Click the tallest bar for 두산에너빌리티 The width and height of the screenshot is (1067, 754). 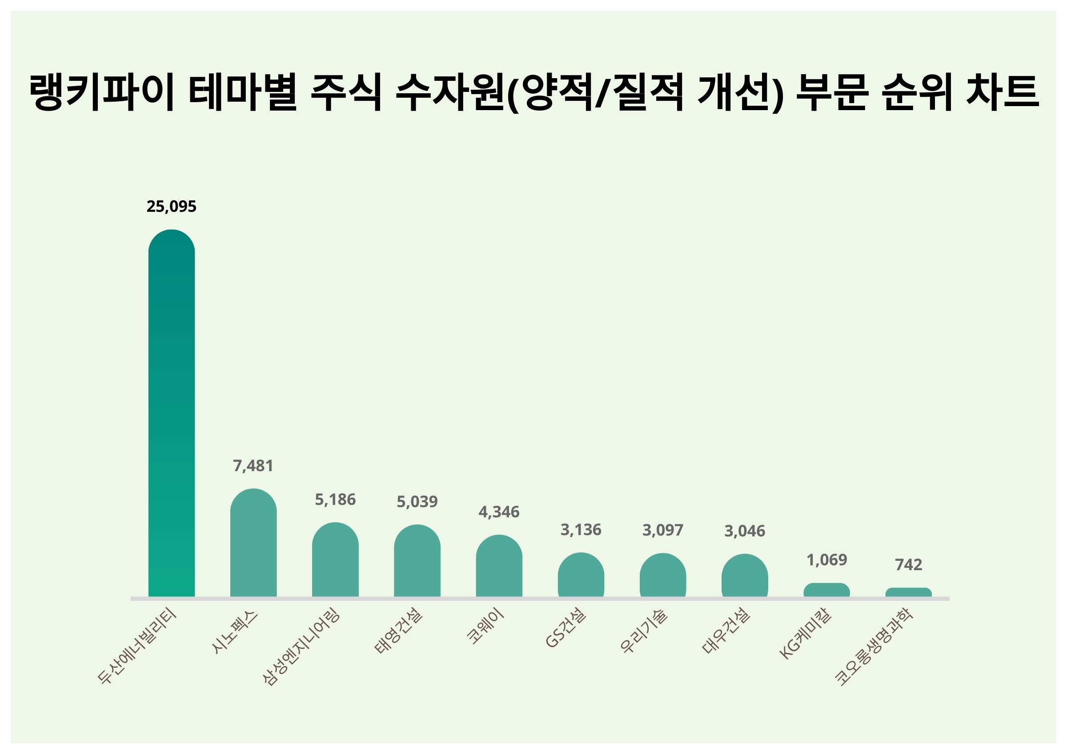(x=172, y=413)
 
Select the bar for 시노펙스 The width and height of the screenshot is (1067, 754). (x=253, y=544)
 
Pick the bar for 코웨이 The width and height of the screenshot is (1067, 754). (x=499, y=567)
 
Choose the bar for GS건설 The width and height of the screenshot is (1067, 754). (x=581, y=575)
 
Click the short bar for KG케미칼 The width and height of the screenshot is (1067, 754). (x=826, y=590)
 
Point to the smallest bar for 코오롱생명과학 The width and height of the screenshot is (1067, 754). (x=908, y=592)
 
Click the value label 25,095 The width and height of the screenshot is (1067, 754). (x=172, y=206)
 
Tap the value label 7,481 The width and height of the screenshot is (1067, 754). (x=253, y=466)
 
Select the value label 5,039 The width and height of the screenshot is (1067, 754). (x=417, y=502)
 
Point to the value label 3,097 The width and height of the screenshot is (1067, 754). (x=663, y=530)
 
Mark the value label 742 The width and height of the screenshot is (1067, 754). (x=908, y=564)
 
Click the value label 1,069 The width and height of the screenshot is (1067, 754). (x=826, y=560)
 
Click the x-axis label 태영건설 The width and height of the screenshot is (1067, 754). (x=399, y=631)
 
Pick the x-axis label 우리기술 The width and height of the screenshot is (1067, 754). (x=644, y=631)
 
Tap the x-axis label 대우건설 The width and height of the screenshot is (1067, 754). (x=726, y=631)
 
